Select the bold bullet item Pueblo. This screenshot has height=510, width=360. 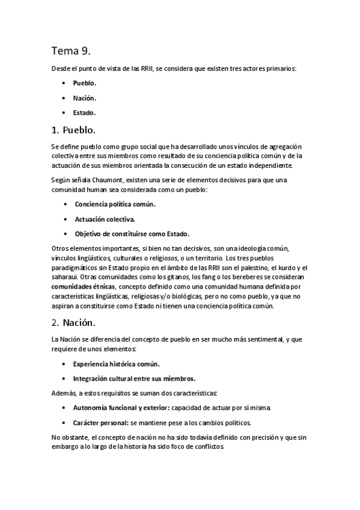[x=85, y=83]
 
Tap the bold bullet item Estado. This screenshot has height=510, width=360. [x=84, y=112]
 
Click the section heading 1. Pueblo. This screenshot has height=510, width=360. [x=73, y=130]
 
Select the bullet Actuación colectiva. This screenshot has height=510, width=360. [x=105, y=219]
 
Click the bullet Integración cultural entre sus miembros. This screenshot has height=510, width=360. [x=134, y=378]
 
